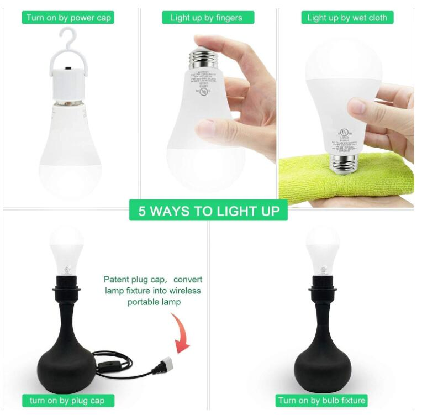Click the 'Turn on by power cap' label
tap(68, 18)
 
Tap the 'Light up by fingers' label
tap(206, 18)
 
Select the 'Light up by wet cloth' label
tap(347, 18)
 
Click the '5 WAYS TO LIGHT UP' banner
tap(208, 211)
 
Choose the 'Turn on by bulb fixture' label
tap(321, 400)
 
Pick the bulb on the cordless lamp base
tap(323, 248)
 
